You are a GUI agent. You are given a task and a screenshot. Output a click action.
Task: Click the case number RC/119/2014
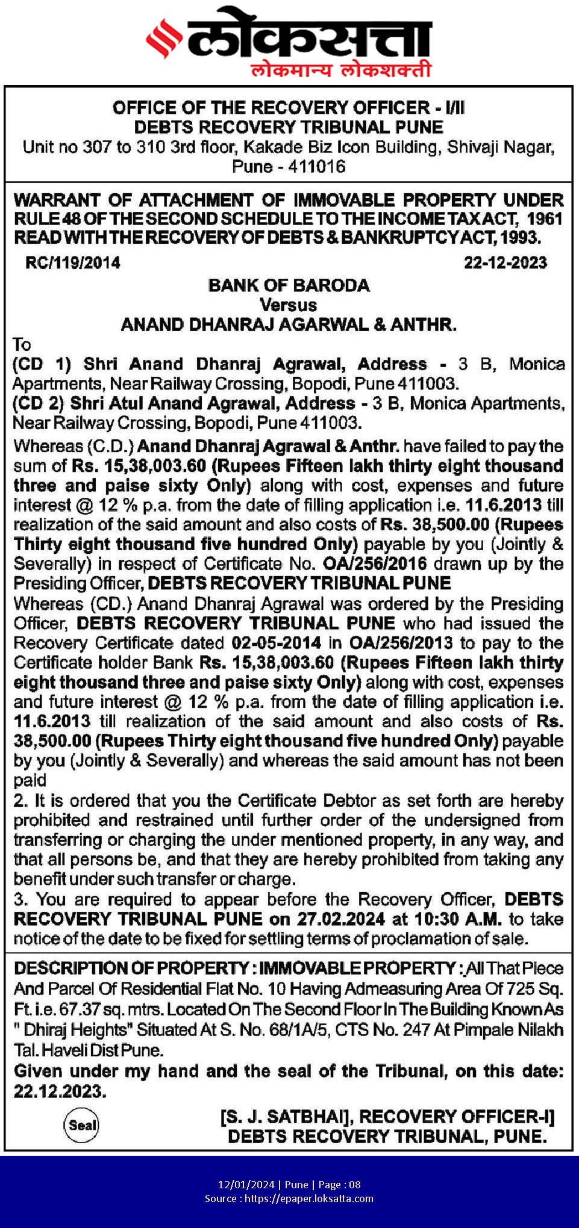73,263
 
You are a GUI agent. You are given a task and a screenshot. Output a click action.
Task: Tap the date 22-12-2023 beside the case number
505,263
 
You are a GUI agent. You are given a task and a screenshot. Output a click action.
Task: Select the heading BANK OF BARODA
289,285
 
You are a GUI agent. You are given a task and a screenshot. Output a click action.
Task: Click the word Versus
289,305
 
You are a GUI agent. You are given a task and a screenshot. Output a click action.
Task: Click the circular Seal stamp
82,1125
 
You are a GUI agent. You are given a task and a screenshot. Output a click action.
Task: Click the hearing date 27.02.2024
341,919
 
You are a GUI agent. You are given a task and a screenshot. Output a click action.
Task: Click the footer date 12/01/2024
246,1185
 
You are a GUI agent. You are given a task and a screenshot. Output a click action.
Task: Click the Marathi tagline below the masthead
340,70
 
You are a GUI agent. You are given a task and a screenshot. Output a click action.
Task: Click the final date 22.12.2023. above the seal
60,1091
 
